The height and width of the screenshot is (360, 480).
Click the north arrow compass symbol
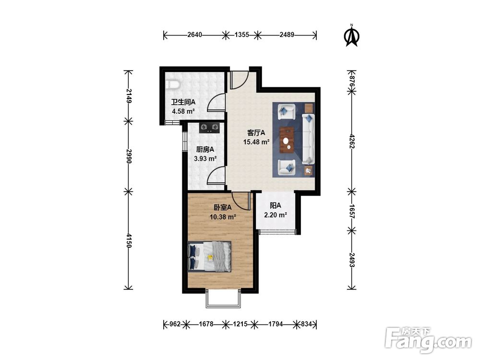pyautogui.click(x=352, y=36)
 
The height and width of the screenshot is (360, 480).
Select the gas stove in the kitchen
pyautogui.click(x=209, y=127)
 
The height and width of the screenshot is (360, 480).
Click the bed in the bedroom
pyautogui.click(x=209, y=256)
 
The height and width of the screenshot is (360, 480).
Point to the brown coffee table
pyautogui.click(x=287, y=139)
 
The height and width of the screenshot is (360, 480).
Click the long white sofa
pyautogui.click(x=308, y=138)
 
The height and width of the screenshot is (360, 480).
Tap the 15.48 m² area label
pyautogui.click(x=256, y=142)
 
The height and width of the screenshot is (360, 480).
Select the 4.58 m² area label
pyautogui.click(x=183, y=111)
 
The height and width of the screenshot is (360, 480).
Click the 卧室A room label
pyautogui.click(x=223, y=207)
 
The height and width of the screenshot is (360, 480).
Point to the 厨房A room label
pyautogui.click(x=205, y=149)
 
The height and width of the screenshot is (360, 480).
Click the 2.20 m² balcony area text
pyautogui.click(x=275, y=215)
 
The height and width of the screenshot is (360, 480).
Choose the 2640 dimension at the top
pyautogui.click(x=195, y=35)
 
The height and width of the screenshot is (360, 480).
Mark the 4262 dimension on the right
pyautogui.click(x=352, y=142)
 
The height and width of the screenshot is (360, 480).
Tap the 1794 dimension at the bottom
pyautogui.click(x=276, y=324)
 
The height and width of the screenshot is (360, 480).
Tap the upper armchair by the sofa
pyautogui.click(x=287, y=111)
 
